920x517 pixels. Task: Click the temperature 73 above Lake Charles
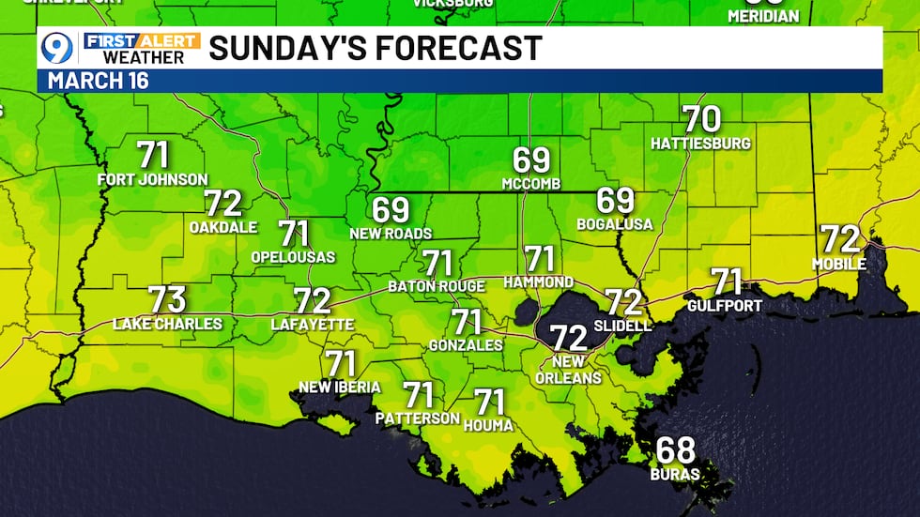(167, 300)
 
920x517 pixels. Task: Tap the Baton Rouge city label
(437, 286)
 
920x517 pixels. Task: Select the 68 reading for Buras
(675, 451)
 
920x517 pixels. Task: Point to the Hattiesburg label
(701, 144)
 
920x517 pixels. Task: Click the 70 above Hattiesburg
(701, 120)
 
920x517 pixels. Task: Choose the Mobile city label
(839, 264)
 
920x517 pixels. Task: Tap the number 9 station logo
(57, 48)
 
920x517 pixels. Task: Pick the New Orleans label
(569, 370)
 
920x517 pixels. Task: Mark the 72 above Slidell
(623, 302)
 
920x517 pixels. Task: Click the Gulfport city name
(724, 305)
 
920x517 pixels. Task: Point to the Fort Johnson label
(153, 179)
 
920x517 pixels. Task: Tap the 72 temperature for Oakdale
(224, 204)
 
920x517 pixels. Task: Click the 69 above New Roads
(391, 209)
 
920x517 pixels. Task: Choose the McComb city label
(530, 182)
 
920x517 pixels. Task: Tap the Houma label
(489, 425)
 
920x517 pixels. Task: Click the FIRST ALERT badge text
(142, 40)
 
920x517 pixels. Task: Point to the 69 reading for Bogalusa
(616, 201)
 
